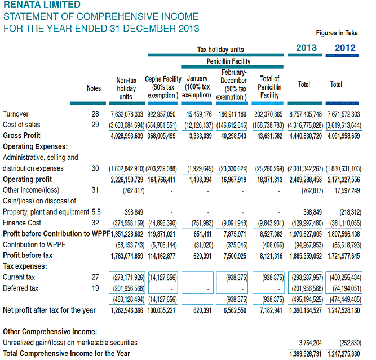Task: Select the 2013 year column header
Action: (307, 48)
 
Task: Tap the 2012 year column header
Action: (345, 48)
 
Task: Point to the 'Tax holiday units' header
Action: (220, 50)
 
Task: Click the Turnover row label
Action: (16, 114)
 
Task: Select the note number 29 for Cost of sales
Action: (95, 125)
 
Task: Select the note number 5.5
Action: (95, 212)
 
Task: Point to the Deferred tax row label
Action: (20, 288)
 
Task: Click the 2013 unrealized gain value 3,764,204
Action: (310, 343)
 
